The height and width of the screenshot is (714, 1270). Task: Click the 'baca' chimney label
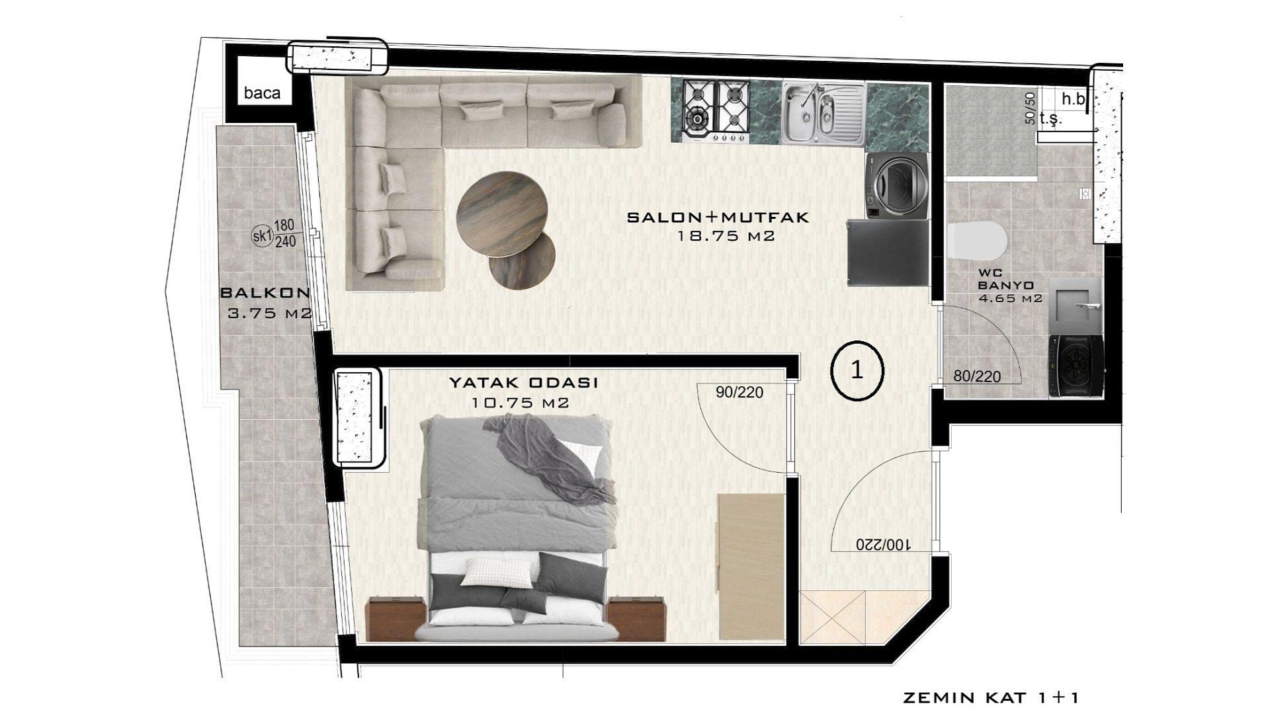[262, 93]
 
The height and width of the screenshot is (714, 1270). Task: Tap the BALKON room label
[265, 292]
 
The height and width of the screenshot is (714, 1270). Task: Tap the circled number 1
[857, 370]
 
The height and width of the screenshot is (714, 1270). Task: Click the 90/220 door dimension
[740, 393]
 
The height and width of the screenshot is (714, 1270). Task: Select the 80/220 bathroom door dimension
[977, 377]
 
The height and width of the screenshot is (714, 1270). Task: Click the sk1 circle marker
[263, 235]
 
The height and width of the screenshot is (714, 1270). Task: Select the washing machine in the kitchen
[896, 186]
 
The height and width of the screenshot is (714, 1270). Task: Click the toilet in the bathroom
[976, 241]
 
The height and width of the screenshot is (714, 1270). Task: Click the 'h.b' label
[1074, 99]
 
